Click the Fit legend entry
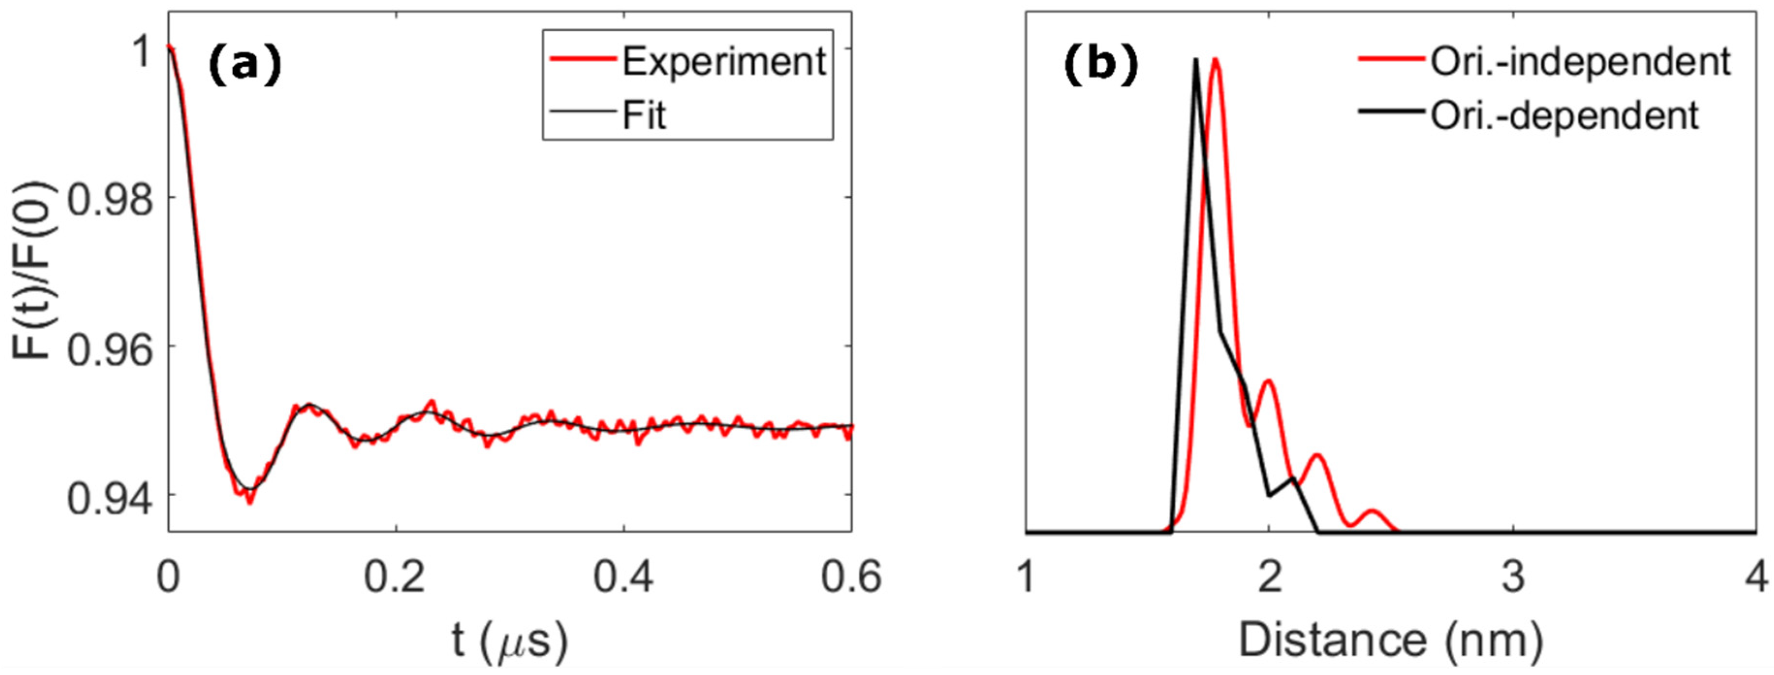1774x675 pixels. [644, 115]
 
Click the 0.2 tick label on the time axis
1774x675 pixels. [395, 577]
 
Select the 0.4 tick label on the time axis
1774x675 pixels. [624, 577]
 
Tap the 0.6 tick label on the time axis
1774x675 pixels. [851, 577]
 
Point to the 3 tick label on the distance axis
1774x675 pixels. [1513, 577]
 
